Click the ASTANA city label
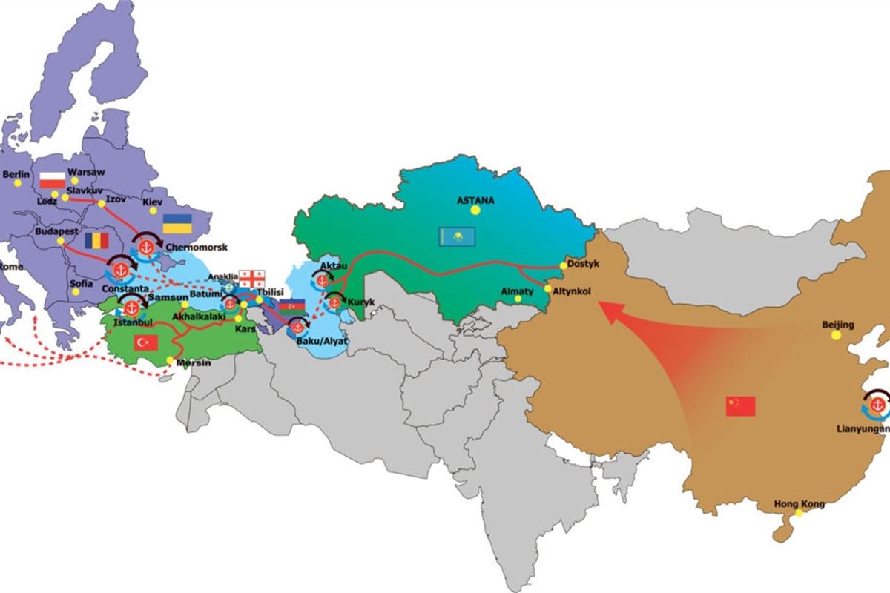tap(475, 200)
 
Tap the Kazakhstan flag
tap(455, 236)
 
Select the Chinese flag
tap(740, 405)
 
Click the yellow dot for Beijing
tap(836, 335)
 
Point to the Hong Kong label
tap(799, 505)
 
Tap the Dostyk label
tap(582, 264)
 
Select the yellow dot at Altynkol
tap(547, 289)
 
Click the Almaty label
tap(517, 291)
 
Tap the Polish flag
tap(52, 179)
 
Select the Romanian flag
tap(96, 240)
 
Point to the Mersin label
tap(194, 364)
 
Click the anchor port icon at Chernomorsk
tap(145, 246)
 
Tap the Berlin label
tap(16, 175)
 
